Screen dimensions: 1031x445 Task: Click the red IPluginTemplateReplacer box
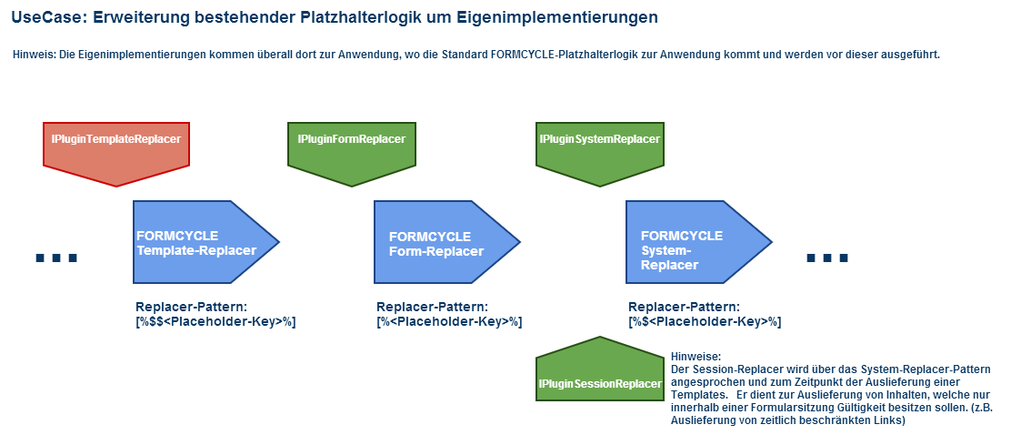tap(116, 150)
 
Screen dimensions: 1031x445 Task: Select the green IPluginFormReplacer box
tap(352, 150)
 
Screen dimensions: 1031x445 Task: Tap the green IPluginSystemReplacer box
tap(600, 150)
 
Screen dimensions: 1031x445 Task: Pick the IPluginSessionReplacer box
tap(600, 372)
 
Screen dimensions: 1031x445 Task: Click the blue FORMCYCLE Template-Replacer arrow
tap(203, 242)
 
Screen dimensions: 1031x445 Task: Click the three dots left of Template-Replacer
tap(56, 258)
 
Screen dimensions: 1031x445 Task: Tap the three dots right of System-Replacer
tap(827, 258)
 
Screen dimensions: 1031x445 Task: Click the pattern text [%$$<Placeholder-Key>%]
tap(215, 322)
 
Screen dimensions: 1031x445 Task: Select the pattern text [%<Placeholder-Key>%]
tap(449, 322)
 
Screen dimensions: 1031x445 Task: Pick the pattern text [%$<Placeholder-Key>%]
tap(705, 322)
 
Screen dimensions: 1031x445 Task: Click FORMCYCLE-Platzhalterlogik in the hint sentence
tap(566, 55)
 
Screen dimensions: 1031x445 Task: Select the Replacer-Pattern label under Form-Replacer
tap(432, 307)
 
